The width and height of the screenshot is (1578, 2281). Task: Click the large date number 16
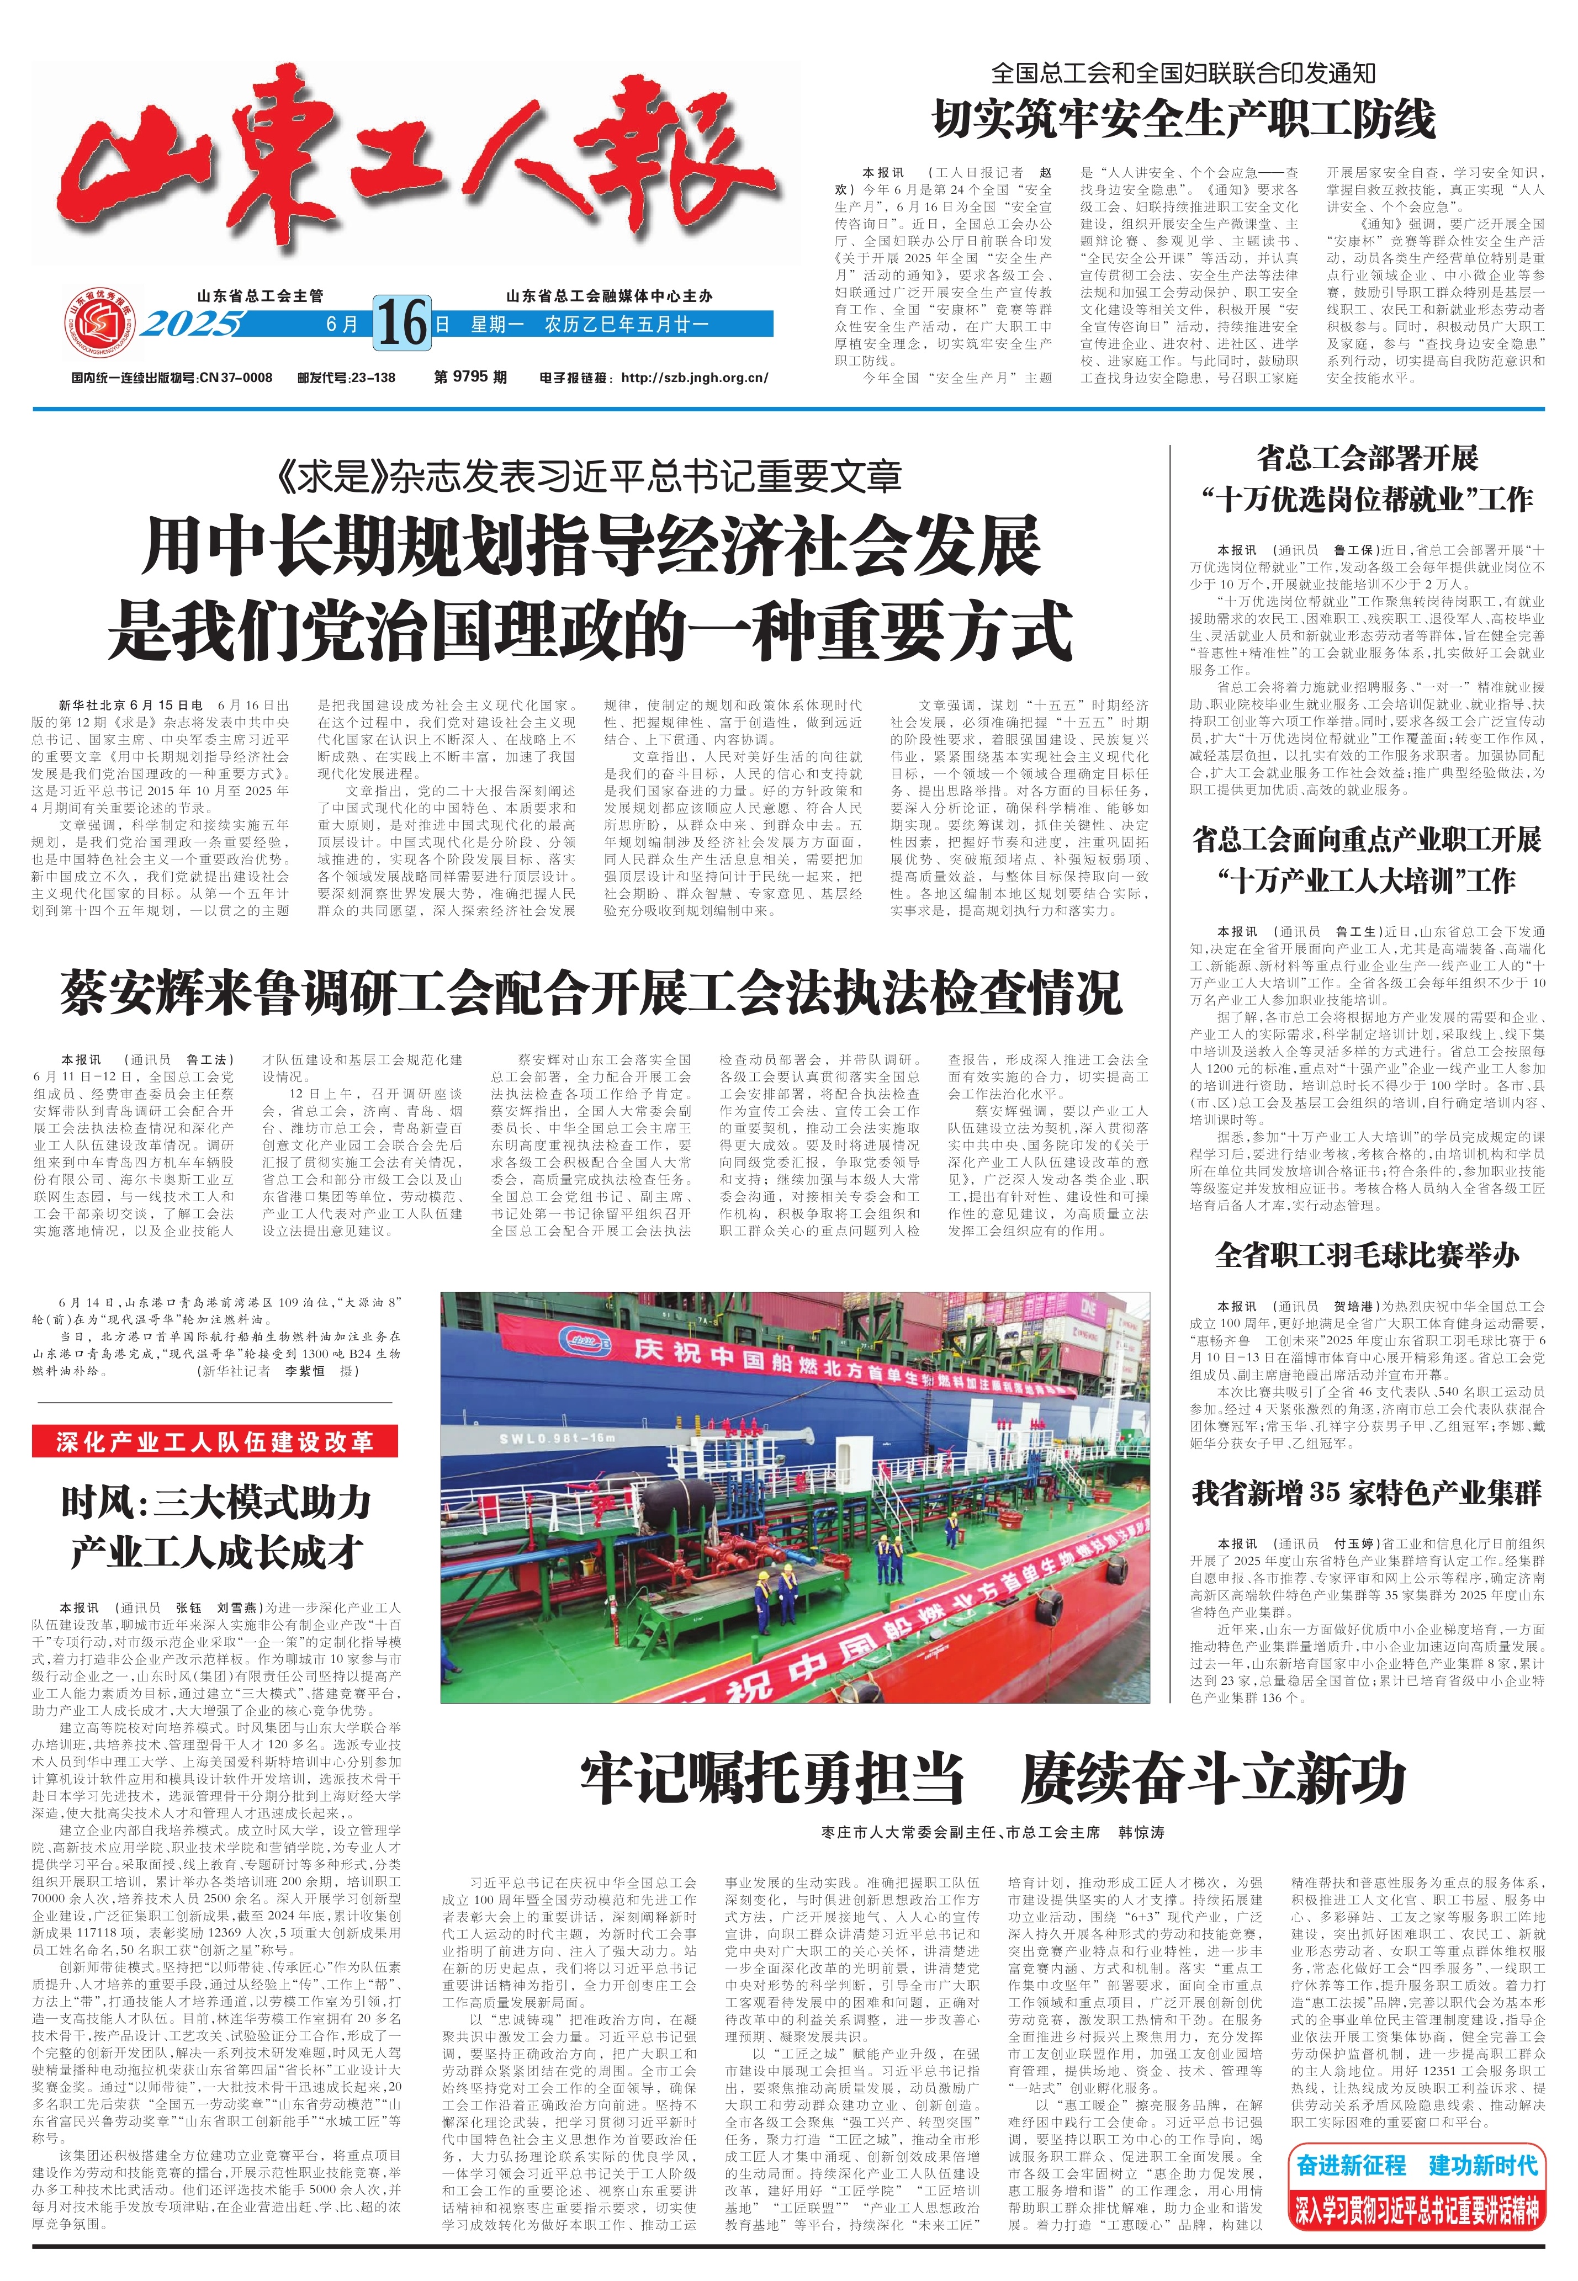coord(403,322)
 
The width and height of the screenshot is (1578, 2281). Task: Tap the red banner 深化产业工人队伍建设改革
coord(215,1442)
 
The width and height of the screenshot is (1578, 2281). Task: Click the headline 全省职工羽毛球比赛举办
coord(1367,1255)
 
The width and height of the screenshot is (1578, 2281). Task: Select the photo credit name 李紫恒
coord(305,1371)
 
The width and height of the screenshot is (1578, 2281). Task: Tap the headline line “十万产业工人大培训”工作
coord(1367,880)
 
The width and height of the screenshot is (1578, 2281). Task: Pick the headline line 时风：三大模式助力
coord(215,1503)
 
